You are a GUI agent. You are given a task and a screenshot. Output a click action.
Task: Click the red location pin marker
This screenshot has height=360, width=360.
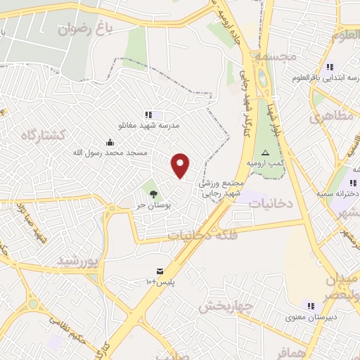(x=181, y=166)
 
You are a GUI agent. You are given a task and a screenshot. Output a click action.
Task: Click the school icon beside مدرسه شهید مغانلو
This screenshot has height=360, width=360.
(x=148, y=115)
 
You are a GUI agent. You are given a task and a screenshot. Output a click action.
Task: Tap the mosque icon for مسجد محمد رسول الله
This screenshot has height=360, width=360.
(x=118, y=141)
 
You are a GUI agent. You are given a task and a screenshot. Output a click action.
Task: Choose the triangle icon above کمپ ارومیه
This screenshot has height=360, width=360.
(x=265, y=153)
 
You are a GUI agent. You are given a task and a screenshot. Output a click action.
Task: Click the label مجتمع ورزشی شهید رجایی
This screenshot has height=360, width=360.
(x=221, y=187)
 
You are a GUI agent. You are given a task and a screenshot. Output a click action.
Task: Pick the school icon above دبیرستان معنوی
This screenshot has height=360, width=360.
(x=310, y=305)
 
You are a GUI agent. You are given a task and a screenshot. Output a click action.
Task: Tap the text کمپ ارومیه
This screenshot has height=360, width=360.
(x=266, y=163)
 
